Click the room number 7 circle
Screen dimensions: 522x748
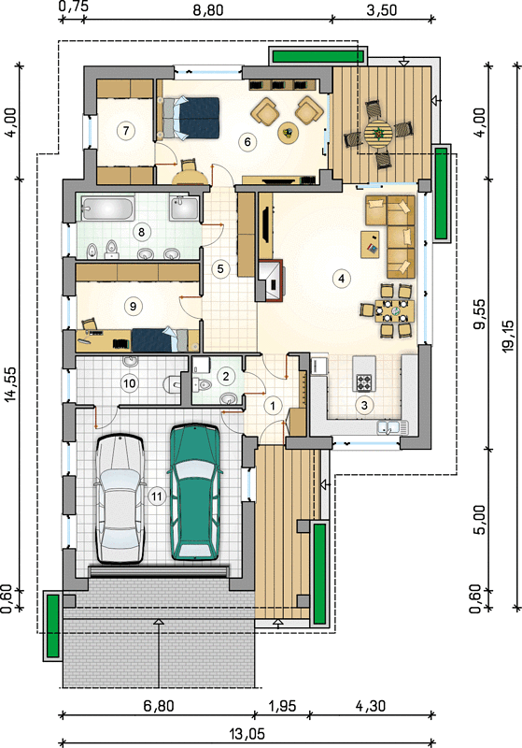[126, 130]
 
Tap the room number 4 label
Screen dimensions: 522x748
[342, 278]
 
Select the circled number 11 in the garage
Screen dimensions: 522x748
[156, 496]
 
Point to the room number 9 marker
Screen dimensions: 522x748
[133, 306]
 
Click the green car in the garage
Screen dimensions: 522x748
[195, 492]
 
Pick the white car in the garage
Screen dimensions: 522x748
[120, 499]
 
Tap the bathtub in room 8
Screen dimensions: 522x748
[107, 208]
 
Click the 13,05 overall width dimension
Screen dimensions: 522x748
[247, 733]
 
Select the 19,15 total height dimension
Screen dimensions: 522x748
[509, 336]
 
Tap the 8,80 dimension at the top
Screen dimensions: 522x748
[207, 9]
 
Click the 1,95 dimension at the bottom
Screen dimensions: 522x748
[281, 706]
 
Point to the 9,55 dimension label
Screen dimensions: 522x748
[481, 314]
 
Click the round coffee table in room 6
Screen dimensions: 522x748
[288, 131]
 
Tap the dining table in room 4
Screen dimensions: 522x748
[394, 311]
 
